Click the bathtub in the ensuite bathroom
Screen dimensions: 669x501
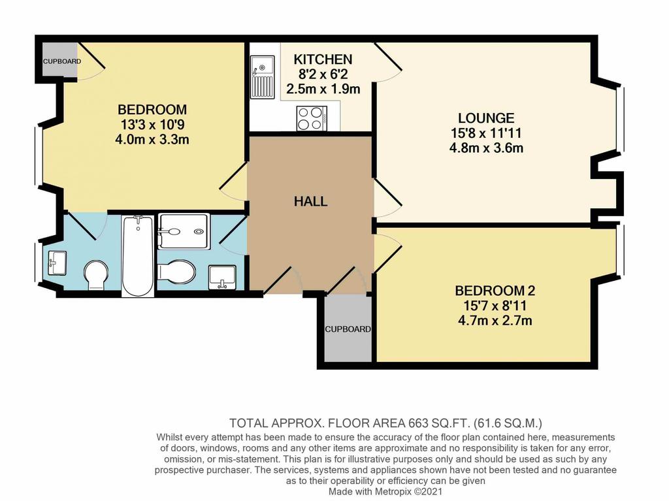tap(137, 255)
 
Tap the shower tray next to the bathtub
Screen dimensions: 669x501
tap(184, 231)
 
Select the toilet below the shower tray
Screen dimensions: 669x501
tap(176, 271)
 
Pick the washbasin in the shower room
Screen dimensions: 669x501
tap(222, 277)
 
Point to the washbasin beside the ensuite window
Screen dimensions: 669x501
tap(57, 263)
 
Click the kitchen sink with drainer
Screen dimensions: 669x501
tap(262, 77)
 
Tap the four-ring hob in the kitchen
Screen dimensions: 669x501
tap(312, 118)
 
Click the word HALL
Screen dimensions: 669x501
tap(310, 201)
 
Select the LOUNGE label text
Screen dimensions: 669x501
tap(486, 118)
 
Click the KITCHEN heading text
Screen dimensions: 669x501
tap(323, 59)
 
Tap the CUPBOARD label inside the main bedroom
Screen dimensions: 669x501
tap(62, 61)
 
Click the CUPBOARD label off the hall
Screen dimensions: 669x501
tap(348, 329)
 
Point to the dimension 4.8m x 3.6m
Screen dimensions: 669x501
tap(486, 148)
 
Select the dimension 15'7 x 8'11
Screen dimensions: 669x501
tap(495, 306)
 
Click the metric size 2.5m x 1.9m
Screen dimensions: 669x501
tap(323, 89)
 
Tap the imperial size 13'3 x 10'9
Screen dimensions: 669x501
tap(152, 125)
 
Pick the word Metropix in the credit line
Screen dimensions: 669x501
tap(393, 492)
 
